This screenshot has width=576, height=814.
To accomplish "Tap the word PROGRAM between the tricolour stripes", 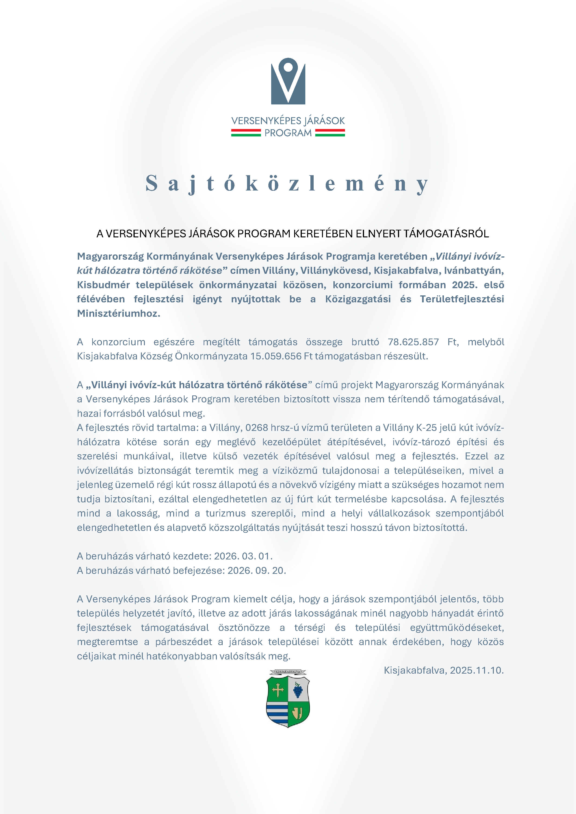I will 288,133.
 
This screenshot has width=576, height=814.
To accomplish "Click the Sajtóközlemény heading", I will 287,184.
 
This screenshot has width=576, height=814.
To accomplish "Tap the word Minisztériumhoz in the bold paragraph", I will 118,313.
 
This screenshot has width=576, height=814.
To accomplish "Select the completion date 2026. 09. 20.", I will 257,570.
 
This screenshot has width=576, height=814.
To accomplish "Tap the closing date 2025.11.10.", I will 476,670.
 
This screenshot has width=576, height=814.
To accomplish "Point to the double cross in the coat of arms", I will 278,690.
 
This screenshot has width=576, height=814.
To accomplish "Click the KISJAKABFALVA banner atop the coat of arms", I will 288,672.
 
